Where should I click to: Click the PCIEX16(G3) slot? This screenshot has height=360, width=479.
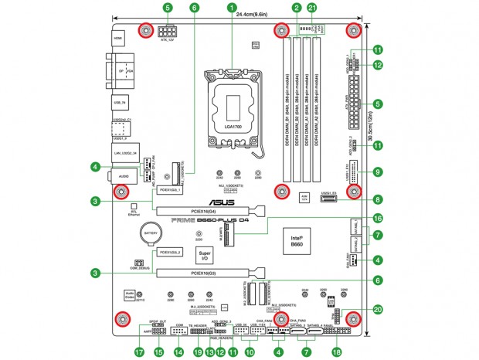209,273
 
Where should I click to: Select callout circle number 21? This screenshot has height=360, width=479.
311,7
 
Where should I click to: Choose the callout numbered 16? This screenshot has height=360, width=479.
378,219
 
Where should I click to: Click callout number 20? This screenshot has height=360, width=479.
378,310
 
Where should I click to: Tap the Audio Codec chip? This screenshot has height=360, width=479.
131,296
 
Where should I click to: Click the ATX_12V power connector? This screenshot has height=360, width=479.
168,34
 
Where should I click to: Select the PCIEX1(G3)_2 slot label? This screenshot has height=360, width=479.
170,253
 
